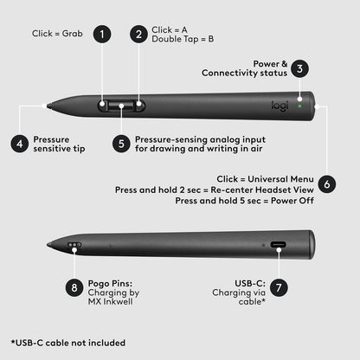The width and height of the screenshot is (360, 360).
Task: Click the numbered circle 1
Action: (103, 35)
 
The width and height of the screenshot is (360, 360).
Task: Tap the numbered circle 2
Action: (138, 35)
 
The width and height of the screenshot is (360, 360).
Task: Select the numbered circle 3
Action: (299, 68)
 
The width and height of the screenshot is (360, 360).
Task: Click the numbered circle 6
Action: (325, 183)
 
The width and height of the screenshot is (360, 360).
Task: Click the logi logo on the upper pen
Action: (276, 105)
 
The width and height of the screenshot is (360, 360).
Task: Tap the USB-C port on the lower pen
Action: (280, 246)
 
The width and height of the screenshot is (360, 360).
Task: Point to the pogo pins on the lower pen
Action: (75, 246)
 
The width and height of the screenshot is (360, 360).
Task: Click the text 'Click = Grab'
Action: (57, 35)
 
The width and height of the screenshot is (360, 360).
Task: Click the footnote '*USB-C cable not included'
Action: (67, 343)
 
